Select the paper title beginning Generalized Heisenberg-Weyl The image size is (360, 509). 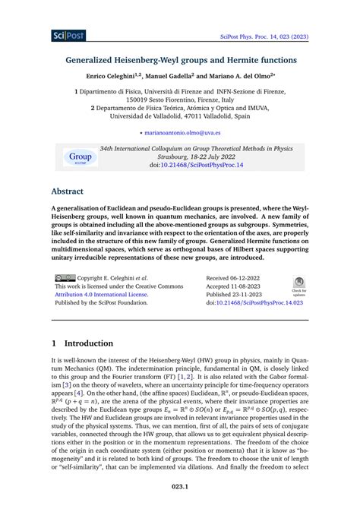(x=180, y=58)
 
